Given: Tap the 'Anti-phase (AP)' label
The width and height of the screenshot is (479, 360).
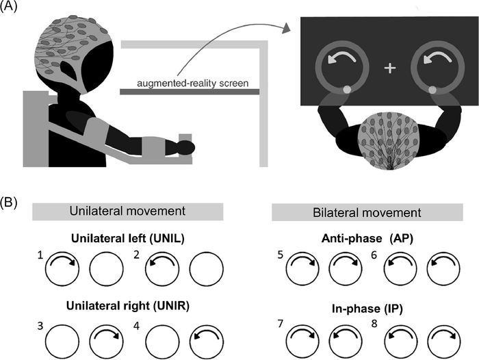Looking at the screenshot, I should tap(357, 241).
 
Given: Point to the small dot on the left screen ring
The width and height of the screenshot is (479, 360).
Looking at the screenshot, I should tap(348, 90).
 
